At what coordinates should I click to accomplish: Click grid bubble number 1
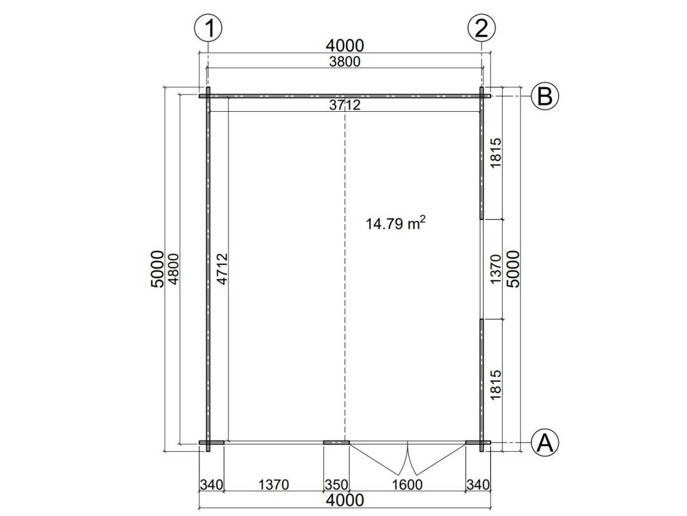(x=208, y=28)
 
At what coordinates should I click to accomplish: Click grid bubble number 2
(x=481, y=28)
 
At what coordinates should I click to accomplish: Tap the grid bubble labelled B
(x=545, y=96)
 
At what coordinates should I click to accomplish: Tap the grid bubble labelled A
(x=545, y=443)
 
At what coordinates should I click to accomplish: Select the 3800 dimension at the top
(x=345, y=62)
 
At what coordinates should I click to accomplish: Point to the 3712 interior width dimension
(x=345, y=105)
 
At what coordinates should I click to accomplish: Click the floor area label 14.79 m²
(x=395, y=223)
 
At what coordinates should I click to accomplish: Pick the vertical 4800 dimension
(x=173, y=269)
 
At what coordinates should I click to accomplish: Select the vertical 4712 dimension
(x=223, y=269)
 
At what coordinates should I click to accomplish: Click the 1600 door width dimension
(x=407, y=484)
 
